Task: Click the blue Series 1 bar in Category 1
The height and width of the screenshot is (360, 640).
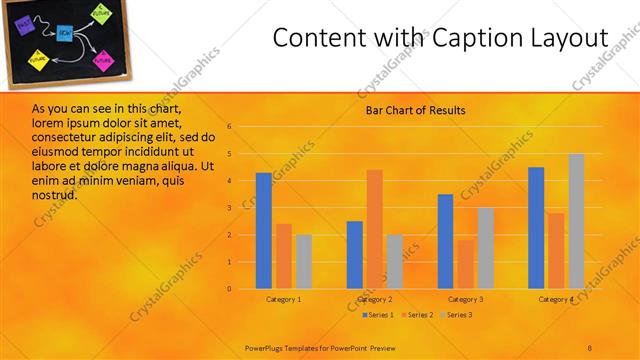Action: pyautogui.click(x=264, y=231)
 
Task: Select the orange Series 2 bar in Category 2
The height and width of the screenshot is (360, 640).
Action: pyautogui.click(x=374, y=229)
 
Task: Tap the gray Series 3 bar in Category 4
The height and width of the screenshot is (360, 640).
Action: pyautogui.click(x=576, y=221)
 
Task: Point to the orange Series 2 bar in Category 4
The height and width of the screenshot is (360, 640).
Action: pyautogui.click(x=556, y=251)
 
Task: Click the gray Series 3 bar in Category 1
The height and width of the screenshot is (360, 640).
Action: pyautogui.click(x=303, y=262)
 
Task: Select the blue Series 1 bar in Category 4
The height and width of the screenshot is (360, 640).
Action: pyautogui.click(x=536, y=228)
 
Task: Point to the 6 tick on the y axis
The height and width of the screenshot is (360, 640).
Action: pyautogui.click(x=229, y=127)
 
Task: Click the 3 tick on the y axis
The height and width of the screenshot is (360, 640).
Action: pyautogui.click(x=229, y=208)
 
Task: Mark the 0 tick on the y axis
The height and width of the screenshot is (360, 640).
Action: pyautogui.click(x=229, y=289)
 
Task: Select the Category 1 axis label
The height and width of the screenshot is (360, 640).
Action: pyautogui.click(x=284, y=299)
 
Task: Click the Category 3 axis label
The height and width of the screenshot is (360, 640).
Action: pyautogui.click(x=466, y=299)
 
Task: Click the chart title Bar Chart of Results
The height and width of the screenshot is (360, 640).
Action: pyautogui.click(x=410, y=110)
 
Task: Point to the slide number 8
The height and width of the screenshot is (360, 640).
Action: pyautogui.click(x=589, y=347)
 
